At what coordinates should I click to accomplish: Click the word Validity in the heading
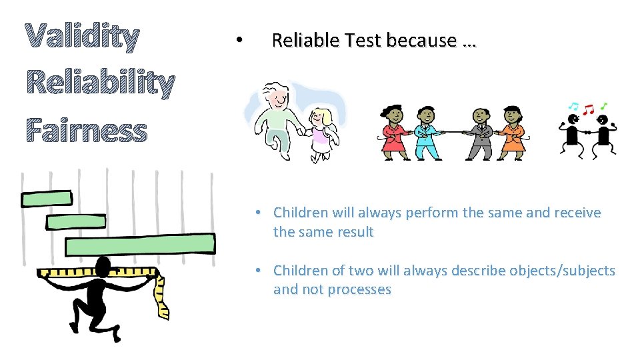click(x=82, y=38)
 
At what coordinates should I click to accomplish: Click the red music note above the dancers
click(x=588, y=108)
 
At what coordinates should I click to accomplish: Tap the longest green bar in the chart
click(x=140, y=245)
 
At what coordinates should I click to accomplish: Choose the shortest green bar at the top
click(x=47, y=198)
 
